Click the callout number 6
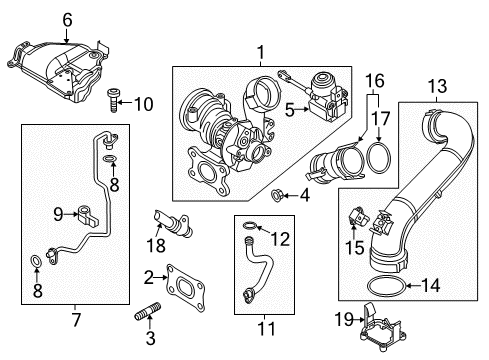67,20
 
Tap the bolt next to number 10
114,101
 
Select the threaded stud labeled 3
148,311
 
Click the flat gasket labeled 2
186,287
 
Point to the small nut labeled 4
276,195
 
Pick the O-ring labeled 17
379,157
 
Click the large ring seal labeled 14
387,286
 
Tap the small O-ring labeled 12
250,226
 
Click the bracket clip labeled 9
88,215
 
